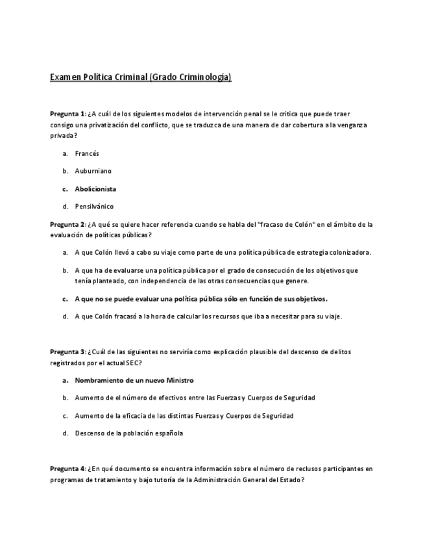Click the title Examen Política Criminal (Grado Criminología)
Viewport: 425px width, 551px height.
click(x=141, y=77)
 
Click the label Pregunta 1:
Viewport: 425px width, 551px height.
click(x=67, y=113)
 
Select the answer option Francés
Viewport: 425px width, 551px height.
click(x=87, y=153)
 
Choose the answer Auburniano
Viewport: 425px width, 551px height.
click(x=93, y=171)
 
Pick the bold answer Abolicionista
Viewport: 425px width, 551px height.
click(x=95, y=189)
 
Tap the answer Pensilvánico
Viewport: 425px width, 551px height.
click(x=94, y=207)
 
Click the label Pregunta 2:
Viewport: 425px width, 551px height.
click(x=67, y=224)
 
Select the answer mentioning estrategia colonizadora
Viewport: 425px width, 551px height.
click(x=223, y=252)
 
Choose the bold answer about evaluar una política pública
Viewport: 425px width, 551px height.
click(x=201, y=299)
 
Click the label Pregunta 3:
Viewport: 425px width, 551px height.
click(x=67, y=352)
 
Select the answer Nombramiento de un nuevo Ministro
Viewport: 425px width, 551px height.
click(x=134, y=380)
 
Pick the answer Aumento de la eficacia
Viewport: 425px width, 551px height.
click(x=184, y=415)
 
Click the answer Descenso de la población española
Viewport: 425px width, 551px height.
click(x=128, y=433)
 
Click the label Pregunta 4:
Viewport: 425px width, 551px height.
click(x=67, y=468)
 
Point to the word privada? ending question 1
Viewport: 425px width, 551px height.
click(x=64, y=136)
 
